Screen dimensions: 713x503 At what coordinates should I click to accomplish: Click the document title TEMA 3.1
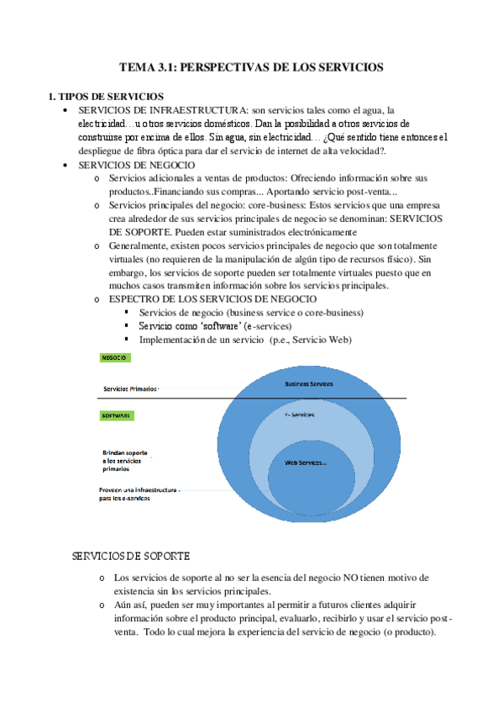(x=251, y=66)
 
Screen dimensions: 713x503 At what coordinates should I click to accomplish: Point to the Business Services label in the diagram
(x=309, y=383)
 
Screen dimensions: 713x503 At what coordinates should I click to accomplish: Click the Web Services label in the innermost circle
(x=306, y=462)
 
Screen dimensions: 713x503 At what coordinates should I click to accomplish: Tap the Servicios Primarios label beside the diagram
(x=129, y=389)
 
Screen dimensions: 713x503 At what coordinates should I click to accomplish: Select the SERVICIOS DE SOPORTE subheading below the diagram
(x=132, y=557)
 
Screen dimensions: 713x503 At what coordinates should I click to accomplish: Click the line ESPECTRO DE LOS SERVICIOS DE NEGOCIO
(x=213, y=298)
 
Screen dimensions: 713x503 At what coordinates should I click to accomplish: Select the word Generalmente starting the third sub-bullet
(x=143, y=245)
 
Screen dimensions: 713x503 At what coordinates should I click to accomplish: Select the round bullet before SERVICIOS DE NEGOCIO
(x=65, y=166)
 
